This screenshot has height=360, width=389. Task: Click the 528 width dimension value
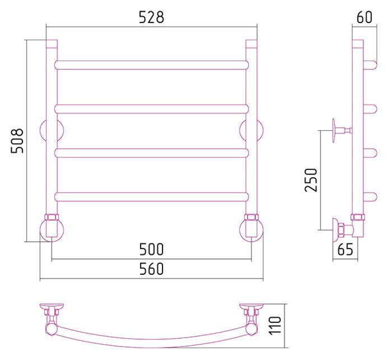151,17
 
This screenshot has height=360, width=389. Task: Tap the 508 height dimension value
17,141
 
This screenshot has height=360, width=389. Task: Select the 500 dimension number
151,249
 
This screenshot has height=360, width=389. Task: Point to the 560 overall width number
151,269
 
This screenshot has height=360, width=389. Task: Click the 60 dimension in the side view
364,17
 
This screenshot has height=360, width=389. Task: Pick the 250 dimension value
311,180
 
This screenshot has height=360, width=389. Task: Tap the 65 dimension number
345,249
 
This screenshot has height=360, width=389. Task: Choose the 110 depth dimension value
275,325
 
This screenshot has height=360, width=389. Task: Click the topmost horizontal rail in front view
151,64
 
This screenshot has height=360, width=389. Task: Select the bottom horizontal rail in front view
151,197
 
